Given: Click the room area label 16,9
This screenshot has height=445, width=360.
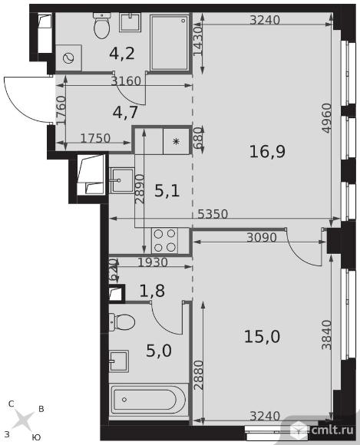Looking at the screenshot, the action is click(267, 151).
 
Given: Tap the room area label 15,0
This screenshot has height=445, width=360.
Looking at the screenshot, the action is click(262, 337).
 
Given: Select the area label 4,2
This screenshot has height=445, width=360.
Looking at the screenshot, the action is click(122, 53).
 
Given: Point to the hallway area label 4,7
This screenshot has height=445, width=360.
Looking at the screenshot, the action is click(125, 112).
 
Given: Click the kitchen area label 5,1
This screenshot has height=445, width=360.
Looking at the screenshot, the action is click(167, 191).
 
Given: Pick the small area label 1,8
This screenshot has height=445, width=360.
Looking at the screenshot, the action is click(152, 291).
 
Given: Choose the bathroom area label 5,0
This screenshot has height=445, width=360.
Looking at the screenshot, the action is click(159, 351).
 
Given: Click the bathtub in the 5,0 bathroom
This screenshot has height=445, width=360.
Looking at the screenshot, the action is click(148, 400).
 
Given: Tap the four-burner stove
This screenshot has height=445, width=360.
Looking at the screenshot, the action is click(165, 241).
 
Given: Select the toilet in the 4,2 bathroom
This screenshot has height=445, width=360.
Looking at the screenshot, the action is click(101, 26).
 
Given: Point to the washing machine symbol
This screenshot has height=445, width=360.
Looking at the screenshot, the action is click(68, 58).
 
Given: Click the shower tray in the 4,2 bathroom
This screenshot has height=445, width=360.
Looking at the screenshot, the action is click(169, 42).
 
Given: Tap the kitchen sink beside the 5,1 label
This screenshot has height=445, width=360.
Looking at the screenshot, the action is click(121, 180).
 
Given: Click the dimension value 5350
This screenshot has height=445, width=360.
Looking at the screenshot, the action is click(213, 214).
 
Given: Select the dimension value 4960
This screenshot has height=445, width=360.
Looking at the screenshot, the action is click(327, 118).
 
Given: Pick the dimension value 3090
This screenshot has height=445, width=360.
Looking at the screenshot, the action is click(262, 237).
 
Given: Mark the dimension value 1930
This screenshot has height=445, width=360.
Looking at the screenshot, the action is click(153, 262).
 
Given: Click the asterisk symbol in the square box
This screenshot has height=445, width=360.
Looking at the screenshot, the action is click(177, 141).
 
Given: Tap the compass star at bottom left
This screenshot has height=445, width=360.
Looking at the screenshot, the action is click(23, 419).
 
